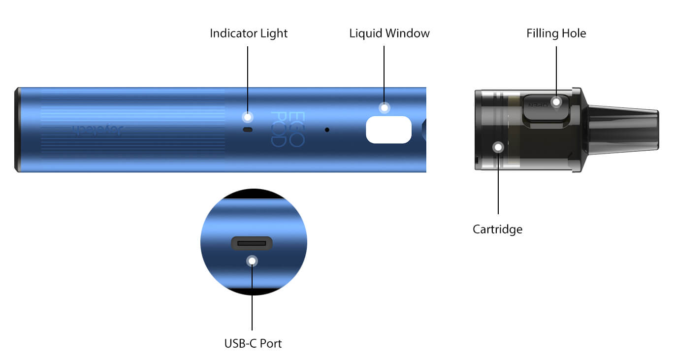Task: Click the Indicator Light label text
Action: [249, 33]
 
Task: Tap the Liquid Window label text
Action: [389, 33]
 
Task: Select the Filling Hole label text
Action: [556, 33]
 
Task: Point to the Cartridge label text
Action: [497, 229]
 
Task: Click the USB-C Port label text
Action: [253, 343]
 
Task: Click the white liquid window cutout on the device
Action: [388, 130]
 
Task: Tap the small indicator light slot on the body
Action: [248, 130]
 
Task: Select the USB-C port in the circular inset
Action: [252, 243]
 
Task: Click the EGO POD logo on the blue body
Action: [288, 130]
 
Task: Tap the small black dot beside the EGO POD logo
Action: [327, 130]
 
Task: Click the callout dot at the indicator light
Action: [248, 117]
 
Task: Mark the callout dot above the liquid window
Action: [384, 107]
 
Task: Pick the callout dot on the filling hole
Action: [556, 102]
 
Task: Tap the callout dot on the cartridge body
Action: [499, 147]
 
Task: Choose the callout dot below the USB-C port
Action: [252, 261]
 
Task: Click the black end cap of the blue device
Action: [17, 130]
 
